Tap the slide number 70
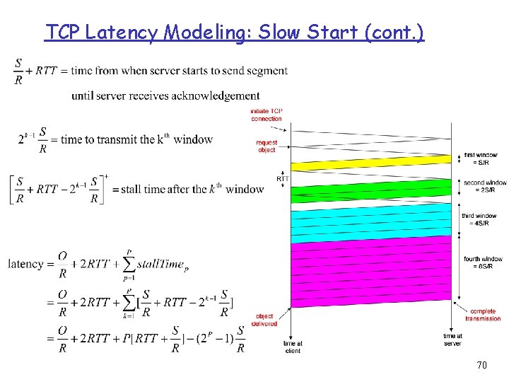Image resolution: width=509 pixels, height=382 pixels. (481, 365)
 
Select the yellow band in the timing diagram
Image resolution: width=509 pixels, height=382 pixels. (371, 164)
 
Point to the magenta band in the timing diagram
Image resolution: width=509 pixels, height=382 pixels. (371, 272)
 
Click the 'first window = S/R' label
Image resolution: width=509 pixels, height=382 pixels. (480, 158)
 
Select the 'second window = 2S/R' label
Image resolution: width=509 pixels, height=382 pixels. (484, 186)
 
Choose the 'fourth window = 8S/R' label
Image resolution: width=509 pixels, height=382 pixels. (483, 262)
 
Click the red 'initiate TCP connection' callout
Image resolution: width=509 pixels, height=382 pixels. (266, 115)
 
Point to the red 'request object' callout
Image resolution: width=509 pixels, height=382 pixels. (267, 146)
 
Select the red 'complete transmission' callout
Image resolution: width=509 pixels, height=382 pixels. (483, 315)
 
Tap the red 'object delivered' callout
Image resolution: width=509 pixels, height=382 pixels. (264, 320)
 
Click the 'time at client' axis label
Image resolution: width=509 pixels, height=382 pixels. (293, 347)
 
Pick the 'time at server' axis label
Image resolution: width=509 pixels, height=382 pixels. (452, 340)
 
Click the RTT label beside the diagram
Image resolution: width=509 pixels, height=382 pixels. (283, 179)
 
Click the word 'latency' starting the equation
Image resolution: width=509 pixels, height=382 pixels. (25, 264)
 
